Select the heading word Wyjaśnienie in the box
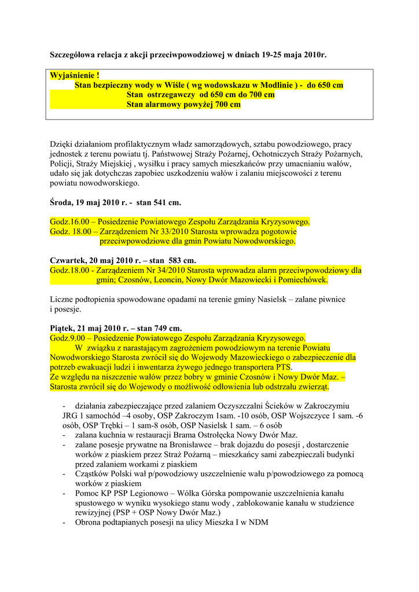[x=72, y=76]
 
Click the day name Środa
[x=61, y=203]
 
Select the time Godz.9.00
[x=68, y=338]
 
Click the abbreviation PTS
[x=284, y=367]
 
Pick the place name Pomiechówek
[x=302, y=280]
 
